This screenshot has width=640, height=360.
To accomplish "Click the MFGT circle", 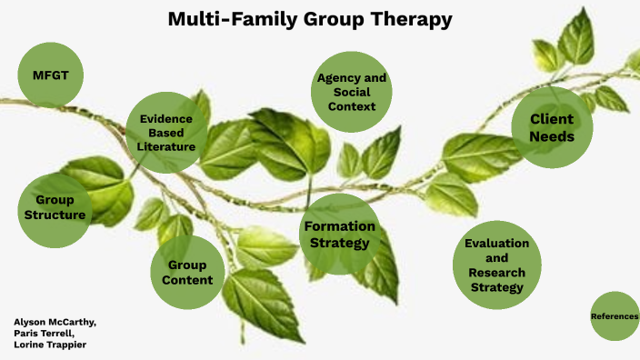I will pos(51,74).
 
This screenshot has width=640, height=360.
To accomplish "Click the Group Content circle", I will pos(189,272).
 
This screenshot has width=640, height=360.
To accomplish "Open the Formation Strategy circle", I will pos(339,235).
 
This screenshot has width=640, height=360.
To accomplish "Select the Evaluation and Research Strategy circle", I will pos(496,265).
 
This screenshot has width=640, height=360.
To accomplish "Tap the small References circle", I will pos(615,316).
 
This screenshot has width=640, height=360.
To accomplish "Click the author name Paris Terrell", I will pos(45,333).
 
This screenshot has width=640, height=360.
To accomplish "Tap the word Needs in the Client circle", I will pos(552,137).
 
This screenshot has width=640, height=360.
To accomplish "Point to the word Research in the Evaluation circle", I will pos(496,273).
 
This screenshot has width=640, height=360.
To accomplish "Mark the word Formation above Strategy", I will pos(339,226).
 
